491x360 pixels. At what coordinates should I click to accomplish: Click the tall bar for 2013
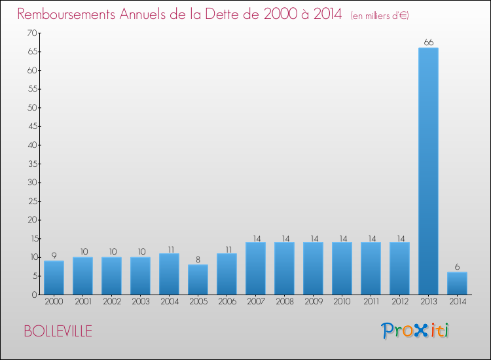(x=428, y=171)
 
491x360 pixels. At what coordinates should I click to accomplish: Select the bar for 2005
(x=198, y=279)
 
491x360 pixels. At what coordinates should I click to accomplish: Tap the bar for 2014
(x=457, y=283)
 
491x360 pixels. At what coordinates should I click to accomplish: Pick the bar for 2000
(x=54, y=278)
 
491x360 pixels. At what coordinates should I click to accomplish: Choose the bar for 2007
(x=255, y=268)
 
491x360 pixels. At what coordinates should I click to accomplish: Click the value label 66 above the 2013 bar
(x=428, y=43)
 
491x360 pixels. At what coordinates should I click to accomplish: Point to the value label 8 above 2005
(x=198, y=260)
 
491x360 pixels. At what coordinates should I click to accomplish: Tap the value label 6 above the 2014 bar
(x=457, y=267)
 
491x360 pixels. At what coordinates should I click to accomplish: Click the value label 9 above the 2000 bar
(x=54, y=256)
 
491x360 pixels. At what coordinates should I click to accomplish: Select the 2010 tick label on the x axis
(x=342, y=302)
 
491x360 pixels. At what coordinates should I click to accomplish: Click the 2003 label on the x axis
(x=140, y=302)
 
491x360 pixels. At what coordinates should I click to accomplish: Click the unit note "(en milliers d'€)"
(x=380, y=15)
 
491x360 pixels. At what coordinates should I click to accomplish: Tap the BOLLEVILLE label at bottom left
(x=58, y=331)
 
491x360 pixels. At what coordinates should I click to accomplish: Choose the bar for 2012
(x=399, y=268)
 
